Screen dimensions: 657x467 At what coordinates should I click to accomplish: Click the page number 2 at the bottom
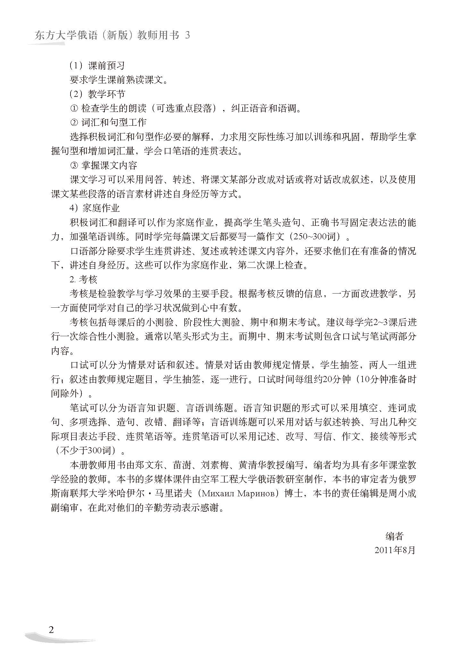pyautogui.click(x=51, y=629)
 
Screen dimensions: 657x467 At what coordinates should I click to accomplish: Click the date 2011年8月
pyautogui.click(x=395, y=550)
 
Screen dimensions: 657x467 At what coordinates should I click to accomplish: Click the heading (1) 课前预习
pyautogui.click(x=97, y=66)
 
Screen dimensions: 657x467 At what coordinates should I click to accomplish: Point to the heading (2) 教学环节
pyautogui.click(x=97, y=94)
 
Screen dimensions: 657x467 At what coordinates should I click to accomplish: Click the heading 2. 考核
pyautogui.click(x=83, y=279)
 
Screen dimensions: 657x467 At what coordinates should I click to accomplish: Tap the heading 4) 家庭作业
pyautogui.click(x=95, y=208)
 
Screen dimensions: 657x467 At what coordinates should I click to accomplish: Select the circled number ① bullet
pyautogui.click(x=74, y=108)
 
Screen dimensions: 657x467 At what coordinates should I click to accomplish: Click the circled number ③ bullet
pyautogui.click(x=74, y=165)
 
